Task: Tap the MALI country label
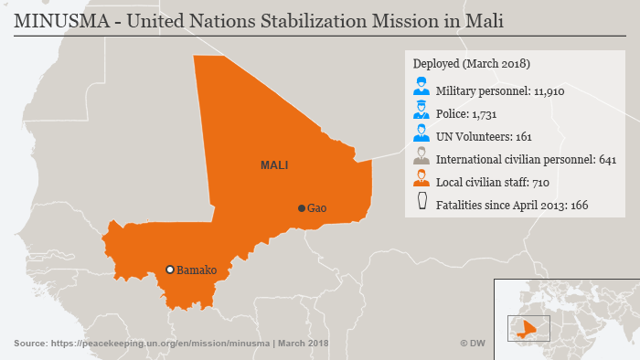click(274, 165)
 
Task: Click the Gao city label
click(317, 208)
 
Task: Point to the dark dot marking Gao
click(301, 208)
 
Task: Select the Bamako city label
click(197, 270)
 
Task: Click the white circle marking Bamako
click(169, 270)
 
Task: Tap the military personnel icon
click(421, 89)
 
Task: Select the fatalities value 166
click(579, 205)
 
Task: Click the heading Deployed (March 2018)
click(471, 64)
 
